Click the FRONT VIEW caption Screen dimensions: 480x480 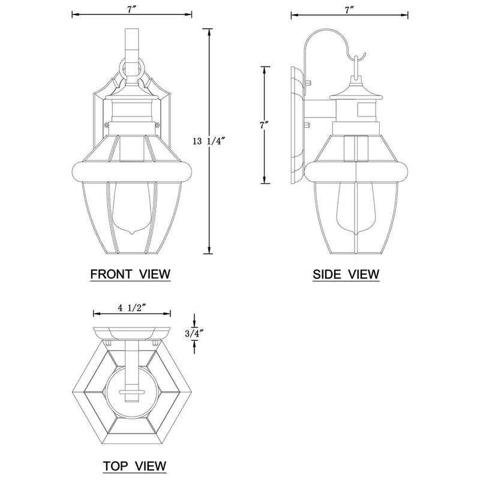[x=130, y=274]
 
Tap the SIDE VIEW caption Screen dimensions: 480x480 [x=346, y=274]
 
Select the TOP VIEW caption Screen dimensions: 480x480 [x=134, y=466]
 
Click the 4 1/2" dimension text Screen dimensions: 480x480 [x=131, y=308]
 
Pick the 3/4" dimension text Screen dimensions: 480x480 [x=194, y=334]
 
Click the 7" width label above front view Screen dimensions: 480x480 [x=131, y=10]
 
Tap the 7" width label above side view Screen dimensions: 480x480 [x=349, y=10]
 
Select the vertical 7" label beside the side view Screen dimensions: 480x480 [x=264, y=125]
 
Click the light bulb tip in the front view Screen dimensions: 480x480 [x=132, y=233]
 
